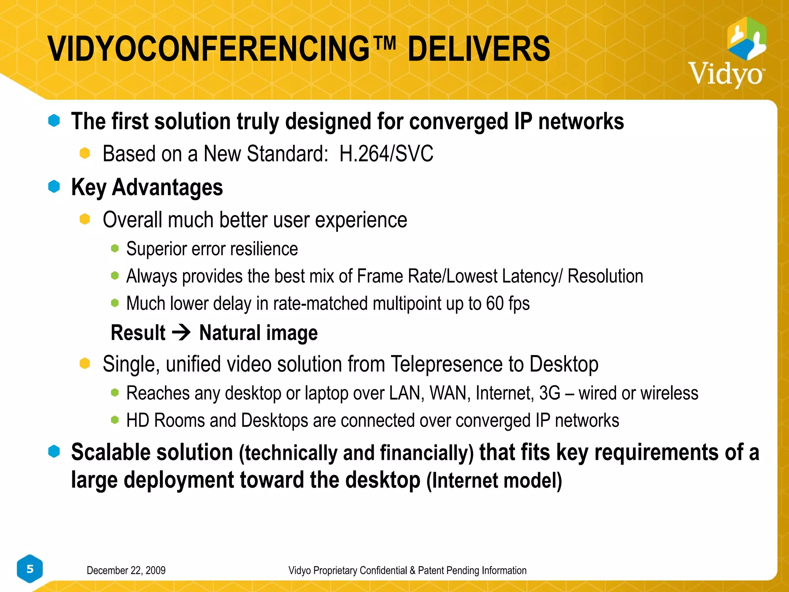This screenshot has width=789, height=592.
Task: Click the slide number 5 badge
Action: click(x=30, y=569)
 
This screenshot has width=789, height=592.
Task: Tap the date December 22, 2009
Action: click(x=126, y=570)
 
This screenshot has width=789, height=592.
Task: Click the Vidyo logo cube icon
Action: click(x=747, y=39)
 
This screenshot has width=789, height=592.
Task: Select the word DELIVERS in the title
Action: click(x=478, y=49)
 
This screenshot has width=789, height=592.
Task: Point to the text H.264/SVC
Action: click(x=386, y=154)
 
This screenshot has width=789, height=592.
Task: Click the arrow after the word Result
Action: click(x=181, y=332)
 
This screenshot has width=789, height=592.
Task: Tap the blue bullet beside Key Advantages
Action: click(x=54, y=187)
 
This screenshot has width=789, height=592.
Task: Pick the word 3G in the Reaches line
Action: click(x=549, y=394)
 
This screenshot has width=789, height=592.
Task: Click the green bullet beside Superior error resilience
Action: click(x=115, y=249)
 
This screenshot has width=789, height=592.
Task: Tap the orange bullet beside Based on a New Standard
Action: click(x=85, y=153)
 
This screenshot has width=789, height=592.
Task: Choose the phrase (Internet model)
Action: click(x=494, y=481)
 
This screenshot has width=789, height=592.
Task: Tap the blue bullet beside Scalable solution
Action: click(x=54, y=452)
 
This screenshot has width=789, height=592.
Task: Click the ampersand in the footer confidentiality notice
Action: click(x=412, y=570)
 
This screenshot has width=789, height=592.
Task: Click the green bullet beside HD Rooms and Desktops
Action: click(x=115, y=420)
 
